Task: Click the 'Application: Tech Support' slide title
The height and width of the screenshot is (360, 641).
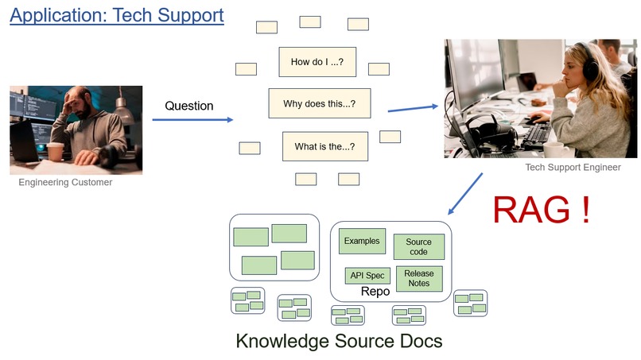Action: point(117,16)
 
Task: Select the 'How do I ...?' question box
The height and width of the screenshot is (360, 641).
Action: point(317,62)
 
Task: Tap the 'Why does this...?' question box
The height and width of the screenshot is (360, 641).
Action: point(320,103)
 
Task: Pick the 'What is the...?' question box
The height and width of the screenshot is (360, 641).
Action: point(325,146)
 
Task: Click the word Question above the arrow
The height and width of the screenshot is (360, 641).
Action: point(188,106)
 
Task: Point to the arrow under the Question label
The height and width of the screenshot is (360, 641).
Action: point(192,120)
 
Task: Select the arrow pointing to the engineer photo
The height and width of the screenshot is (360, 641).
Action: point(413,108)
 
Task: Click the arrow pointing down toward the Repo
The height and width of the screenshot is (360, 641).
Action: point(465,194)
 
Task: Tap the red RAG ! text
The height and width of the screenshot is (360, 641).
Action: point(542,210)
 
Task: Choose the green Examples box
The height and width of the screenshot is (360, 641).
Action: point(362,241)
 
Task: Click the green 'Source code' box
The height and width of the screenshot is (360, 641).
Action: point(418,247)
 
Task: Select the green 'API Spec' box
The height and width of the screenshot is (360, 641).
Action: point(367,276)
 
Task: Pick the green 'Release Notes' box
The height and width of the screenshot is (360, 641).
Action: point(419,278)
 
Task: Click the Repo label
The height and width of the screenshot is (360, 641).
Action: point(375,292)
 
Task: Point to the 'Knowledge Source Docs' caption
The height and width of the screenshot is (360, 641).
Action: point(340,341)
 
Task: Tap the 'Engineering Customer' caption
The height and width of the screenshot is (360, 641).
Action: point(65,182)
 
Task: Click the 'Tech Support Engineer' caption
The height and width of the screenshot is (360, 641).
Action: point(573,167)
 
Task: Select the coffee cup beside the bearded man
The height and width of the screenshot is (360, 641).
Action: point(56,151)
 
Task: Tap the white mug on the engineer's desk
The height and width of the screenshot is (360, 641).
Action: point(557,149)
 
